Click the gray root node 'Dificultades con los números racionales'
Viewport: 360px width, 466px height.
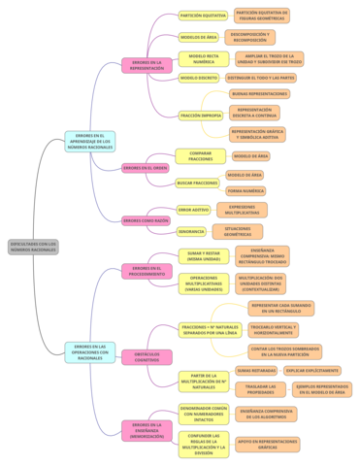click(34, 247)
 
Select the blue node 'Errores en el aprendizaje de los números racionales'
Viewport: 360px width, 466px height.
click(90, 142)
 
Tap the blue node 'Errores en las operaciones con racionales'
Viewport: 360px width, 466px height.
click(90, 351)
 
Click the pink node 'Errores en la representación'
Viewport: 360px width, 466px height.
click(147, 65)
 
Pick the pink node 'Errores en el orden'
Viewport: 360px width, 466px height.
click(146, 168)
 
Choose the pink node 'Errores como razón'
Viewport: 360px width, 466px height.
click(146, 220)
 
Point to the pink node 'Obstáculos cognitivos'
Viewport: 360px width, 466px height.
click(147, 357)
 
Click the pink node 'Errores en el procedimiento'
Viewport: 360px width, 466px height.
click(147, 271)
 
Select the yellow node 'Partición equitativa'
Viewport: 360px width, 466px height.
click(204, 16)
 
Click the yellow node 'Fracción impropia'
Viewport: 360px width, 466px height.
click(201, 115)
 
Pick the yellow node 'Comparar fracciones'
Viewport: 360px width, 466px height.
click(201, 155)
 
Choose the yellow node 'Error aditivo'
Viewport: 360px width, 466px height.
click(193, 210)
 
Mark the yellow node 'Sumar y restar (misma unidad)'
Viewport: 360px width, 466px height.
click(204, 256)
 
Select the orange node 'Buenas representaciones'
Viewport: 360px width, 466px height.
click(260, 93)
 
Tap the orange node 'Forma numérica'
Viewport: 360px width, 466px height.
click(245, 190)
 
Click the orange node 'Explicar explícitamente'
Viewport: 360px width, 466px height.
click(312, 370)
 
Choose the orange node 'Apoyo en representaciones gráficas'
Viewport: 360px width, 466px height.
click(268, 444)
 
